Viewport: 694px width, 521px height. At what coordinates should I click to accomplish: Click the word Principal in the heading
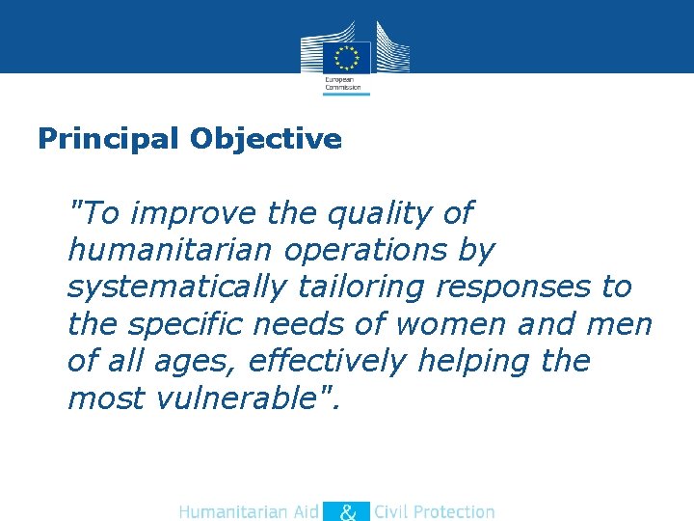(x=108, y=139)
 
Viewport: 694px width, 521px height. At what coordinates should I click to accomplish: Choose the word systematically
(x=176, y=287)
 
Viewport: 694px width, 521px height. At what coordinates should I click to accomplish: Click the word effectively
(x=328, y=361)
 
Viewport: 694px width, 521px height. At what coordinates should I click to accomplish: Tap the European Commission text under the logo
(x=342, y=83)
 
